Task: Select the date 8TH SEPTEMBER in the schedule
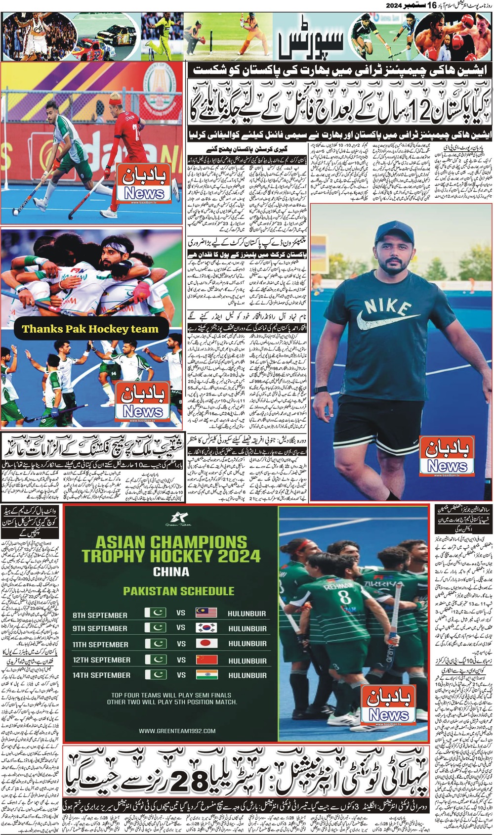point(100,615)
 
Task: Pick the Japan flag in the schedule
point(206,644)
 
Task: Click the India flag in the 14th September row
point(206,675)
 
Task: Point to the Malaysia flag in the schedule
point(206,613)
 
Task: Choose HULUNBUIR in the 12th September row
point(247,660)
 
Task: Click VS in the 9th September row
point(181,628)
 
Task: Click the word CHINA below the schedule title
point(171,571)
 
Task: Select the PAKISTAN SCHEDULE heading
point(178,591)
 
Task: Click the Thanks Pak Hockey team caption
point(90,329)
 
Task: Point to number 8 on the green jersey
point(345,597)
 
